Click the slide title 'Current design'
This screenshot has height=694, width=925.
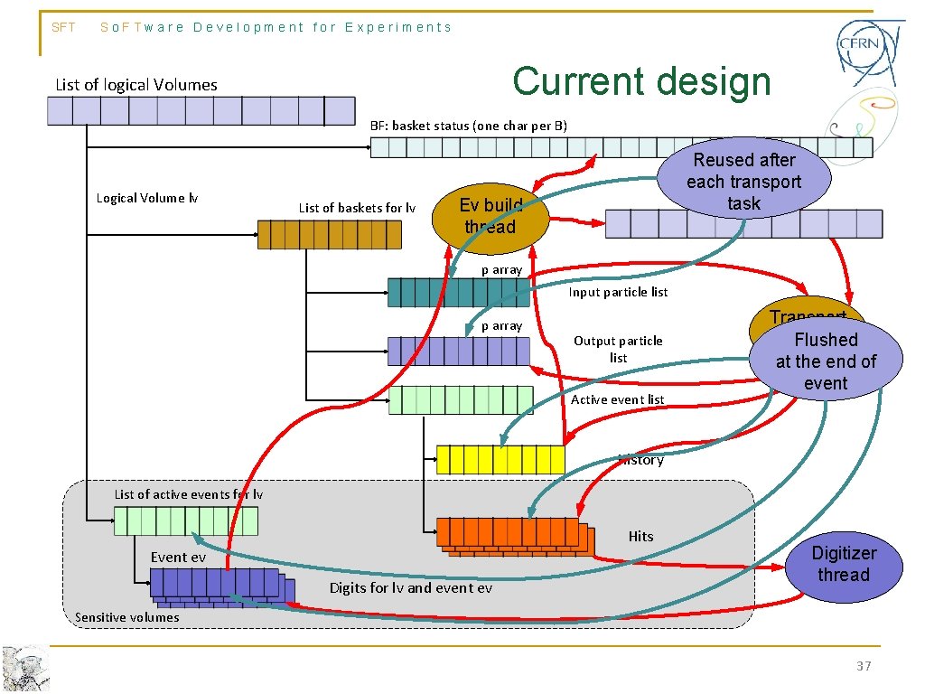641,81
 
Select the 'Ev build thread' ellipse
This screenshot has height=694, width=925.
490,217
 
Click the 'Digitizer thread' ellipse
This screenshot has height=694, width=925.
843,565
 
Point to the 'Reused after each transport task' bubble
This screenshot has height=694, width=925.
743,181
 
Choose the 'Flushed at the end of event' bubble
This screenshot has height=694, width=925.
825,361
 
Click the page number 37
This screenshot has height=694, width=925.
864,666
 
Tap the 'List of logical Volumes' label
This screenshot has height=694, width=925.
136,85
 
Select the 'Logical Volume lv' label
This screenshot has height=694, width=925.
146,198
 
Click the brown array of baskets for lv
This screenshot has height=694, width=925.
329,235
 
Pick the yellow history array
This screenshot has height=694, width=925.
500,459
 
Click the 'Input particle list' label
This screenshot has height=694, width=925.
618,292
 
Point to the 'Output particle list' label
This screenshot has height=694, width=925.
618,349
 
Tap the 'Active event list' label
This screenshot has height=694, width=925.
617,399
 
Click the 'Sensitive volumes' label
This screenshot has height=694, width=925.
126,617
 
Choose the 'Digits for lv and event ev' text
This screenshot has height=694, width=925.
410,588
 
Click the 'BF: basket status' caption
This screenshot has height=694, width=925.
469,126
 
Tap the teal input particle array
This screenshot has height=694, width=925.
458,292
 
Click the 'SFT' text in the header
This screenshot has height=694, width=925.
64,27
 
